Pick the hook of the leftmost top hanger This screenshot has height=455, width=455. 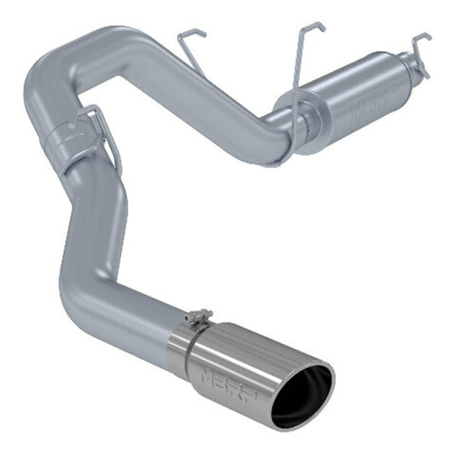[195, 34]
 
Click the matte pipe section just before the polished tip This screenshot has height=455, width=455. [145, 324]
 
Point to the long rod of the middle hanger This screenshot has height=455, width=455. [299, 85]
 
